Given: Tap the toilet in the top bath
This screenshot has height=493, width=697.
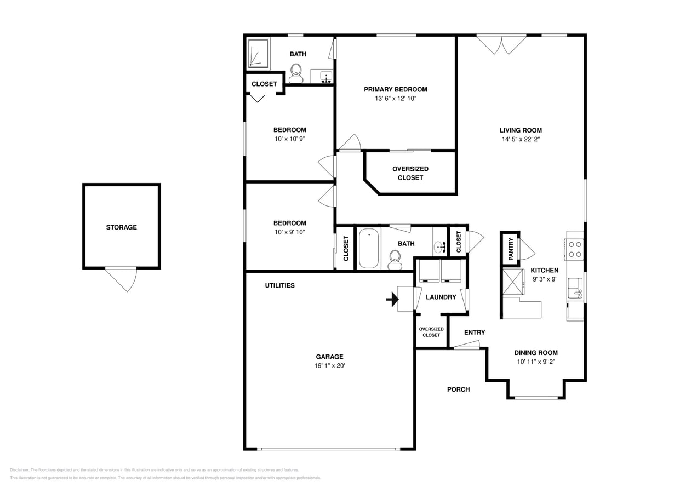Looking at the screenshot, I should pos(296,72).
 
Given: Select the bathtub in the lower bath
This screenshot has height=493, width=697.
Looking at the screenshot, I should pos(369,248).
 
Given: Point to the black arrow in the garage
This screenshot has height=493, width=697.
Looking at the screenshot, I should pos(392,299).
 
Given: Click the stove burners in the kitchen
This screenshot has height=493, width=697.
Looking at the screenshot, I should pos(575,249).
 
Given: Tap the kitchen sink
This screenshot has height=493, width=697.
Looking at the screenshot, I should pos(575,288).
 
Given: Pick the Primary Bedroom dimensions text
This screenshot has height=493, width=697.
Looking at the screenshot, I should pos(395,99).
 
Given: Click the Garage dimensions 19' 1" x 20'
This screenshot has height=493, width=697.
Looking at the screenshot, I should pos(329,366).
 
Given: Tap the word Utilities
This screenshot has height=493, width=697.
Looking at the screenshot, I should pos(279,285).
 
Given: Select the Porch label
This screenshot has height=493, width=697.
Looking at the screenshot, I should pos(458,389).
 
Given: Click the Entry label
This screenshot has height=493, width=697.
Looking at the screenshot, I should pos(474,333).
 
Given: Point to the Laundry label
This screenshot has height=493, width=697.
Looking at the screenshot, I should pos(441,297).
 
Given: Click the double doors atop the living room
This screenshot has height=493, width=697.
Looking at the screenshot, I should pos(501,44).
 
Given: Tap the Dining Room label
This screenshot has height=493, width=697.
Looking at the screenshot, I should pos(535,353).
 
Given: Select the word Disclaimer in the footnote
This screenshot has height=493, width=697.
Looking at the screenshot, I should pos(19,470).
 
